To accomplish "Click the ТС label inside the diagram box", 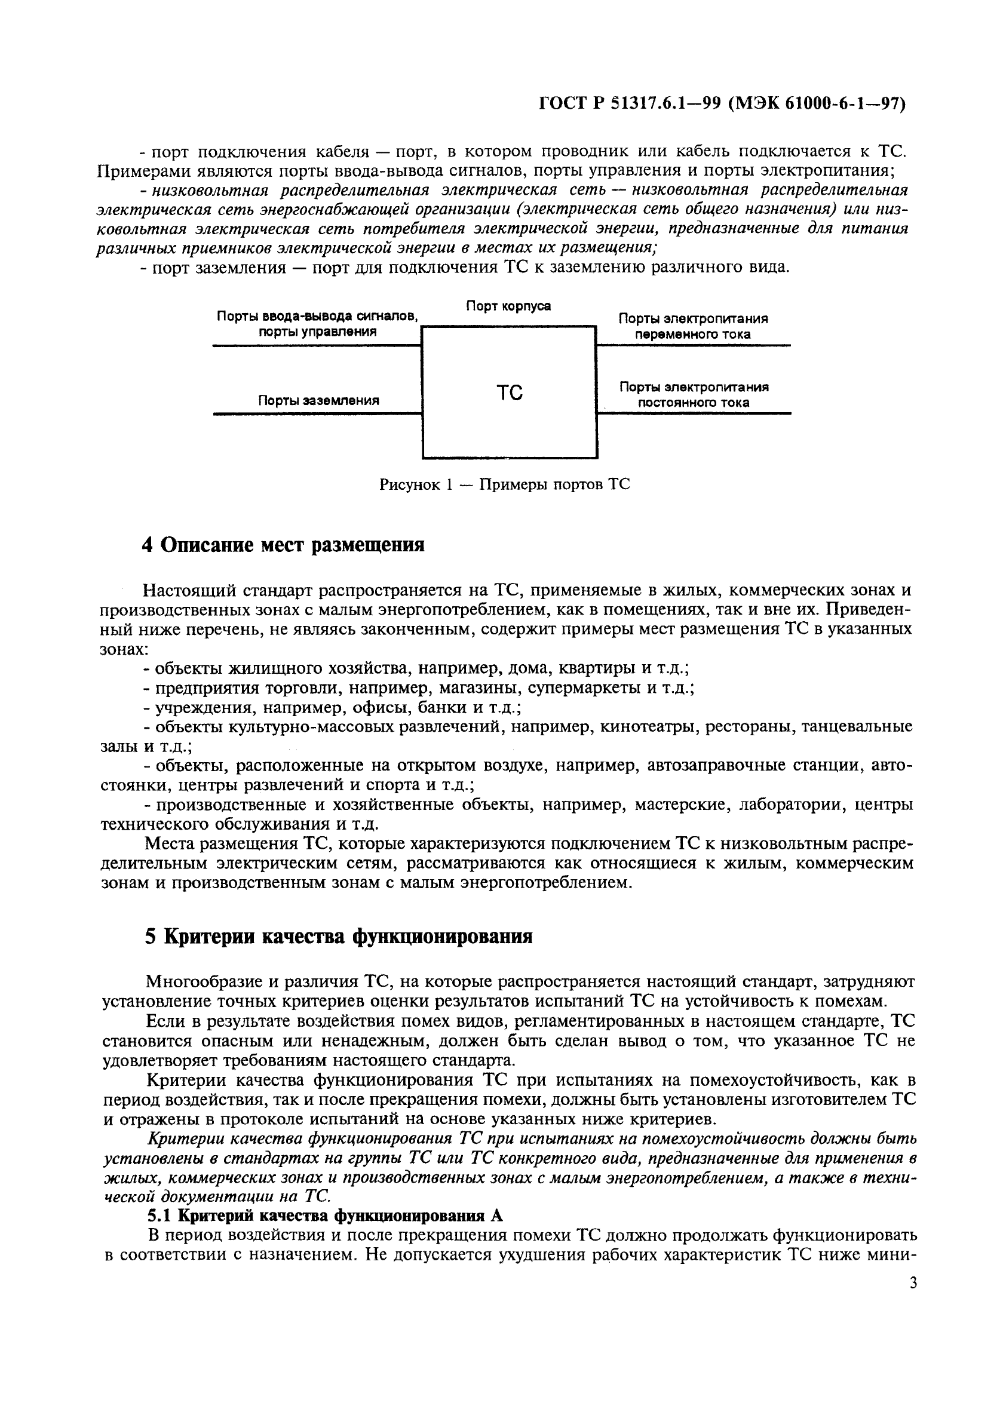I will click(x=510, y=392).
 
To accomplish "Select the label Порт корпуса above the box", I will click(x=508, y=306).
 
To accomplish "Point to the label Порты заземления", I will click(x=318, y=400).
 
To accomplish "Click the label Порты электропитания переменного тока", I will click(x=693, y=326).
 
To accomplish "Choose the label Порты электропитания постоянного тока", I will click(x=693, y=395).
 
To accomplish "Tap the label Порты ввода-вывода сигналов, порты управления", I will click(x=317, y=324).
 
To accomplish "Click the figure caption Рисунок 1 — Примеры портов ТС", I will click(x=505, y=484).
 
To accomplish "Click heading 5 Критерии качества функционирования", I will click(x=339, y=937).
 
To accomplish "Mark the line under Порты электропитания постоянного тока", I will click(x=693, y=413).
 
